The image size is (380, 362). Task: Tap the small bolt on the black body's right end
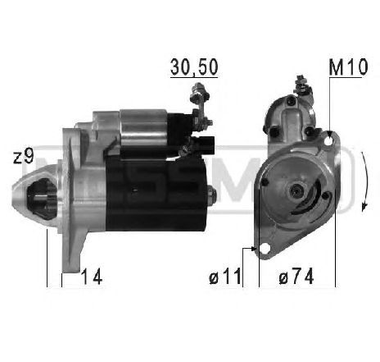tap(211, 195)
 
